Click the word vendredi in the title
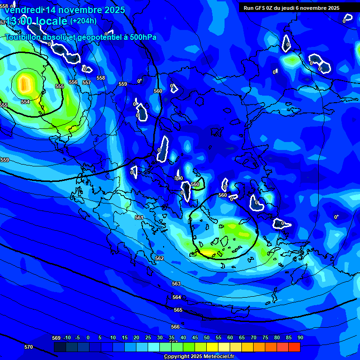[x=23, y=9]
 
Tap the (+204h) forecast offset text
[x=83, y=21]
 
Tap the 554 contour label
[x=25, y=102]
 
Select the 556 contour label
[x=73, y=82]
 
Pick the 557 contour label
[x=87, y=82]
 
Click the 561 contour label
[x=139, y=217]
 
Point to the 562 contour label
[x=159, y=258]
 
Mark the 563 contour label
[x=176, y=284]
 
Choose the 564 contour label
[x=177, y=297]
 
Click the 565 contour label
[x=178, y=310]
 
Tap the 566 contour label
[x=175, y=327]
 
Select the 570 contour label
[x=29, y=347]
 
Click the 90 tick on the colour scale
[x=300, y=337]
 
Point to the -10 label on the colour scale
[x=67, y=337]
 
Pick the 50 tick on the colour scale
[x=207, y=337]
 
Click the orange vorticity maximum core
[x=24, y=84]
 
